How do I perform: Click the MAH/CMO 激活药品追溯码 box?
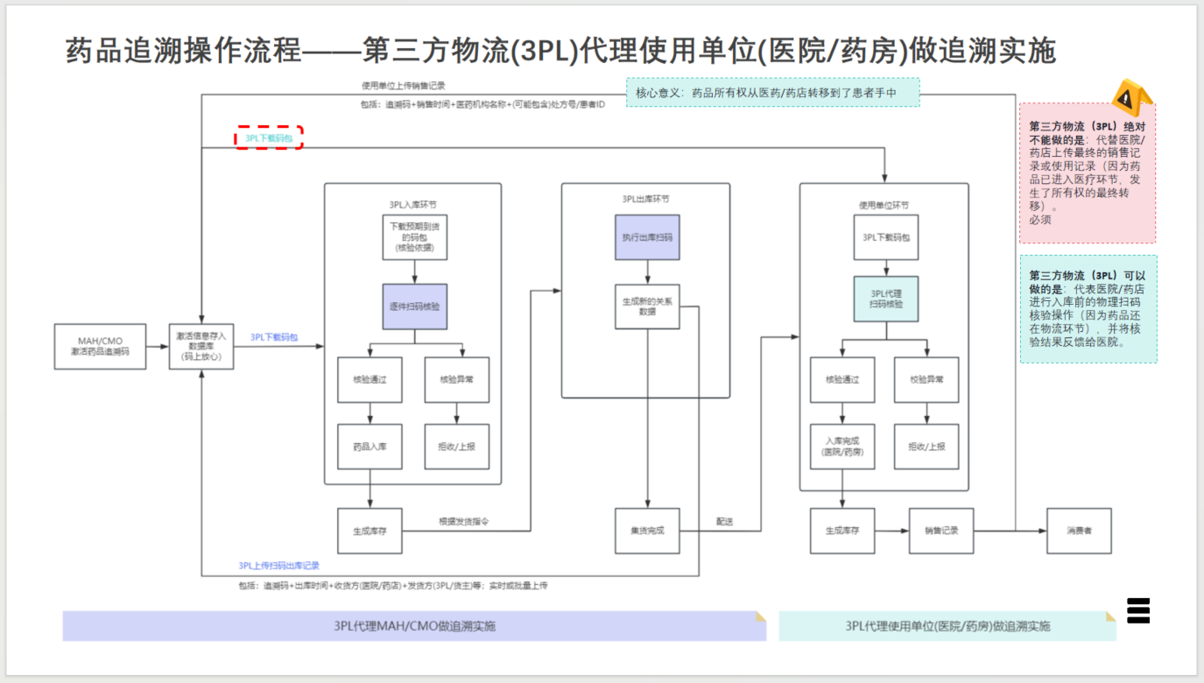[x=100, y=346]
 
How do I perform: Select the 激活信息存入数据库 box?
[x=201, y=346]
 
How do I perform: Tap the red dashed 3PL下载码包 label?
[x=269, y=137]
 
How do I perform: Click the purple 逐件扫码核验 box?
[x=414, y=306]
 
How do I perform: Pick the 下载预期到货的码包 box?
[x=414, y=236]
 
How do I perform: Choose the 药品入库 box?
[x=370, y=447]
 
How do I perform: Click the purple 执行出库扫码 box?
[x=647, y=236]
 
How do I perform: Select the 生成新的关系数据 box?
[x=647, y=306]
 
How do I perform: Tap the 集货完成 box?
[x=647, y=531]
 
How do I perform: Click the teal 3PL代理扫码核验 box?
[x=886, y=299]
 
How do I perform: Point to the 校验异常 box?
[x=926, y=380]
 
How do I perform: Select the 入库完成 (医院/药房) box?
[x=842, y=447]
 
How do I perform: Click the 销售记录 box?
[x=941, y=531]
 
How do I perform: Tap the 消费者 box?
[x=1079, y=531]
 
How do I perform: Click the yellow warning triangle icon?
[x=1130, y=96]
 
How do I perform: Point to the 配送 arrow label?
[x=724, y=522]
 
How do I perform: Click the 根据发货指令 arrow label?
[x=463, y=522]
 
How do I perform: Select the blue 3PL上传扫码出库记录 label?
[x=278, y=566]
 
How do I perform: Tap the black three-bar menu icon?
[x=1137, y=609]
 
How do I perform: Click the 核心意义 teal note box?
[x=772, y=92]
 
